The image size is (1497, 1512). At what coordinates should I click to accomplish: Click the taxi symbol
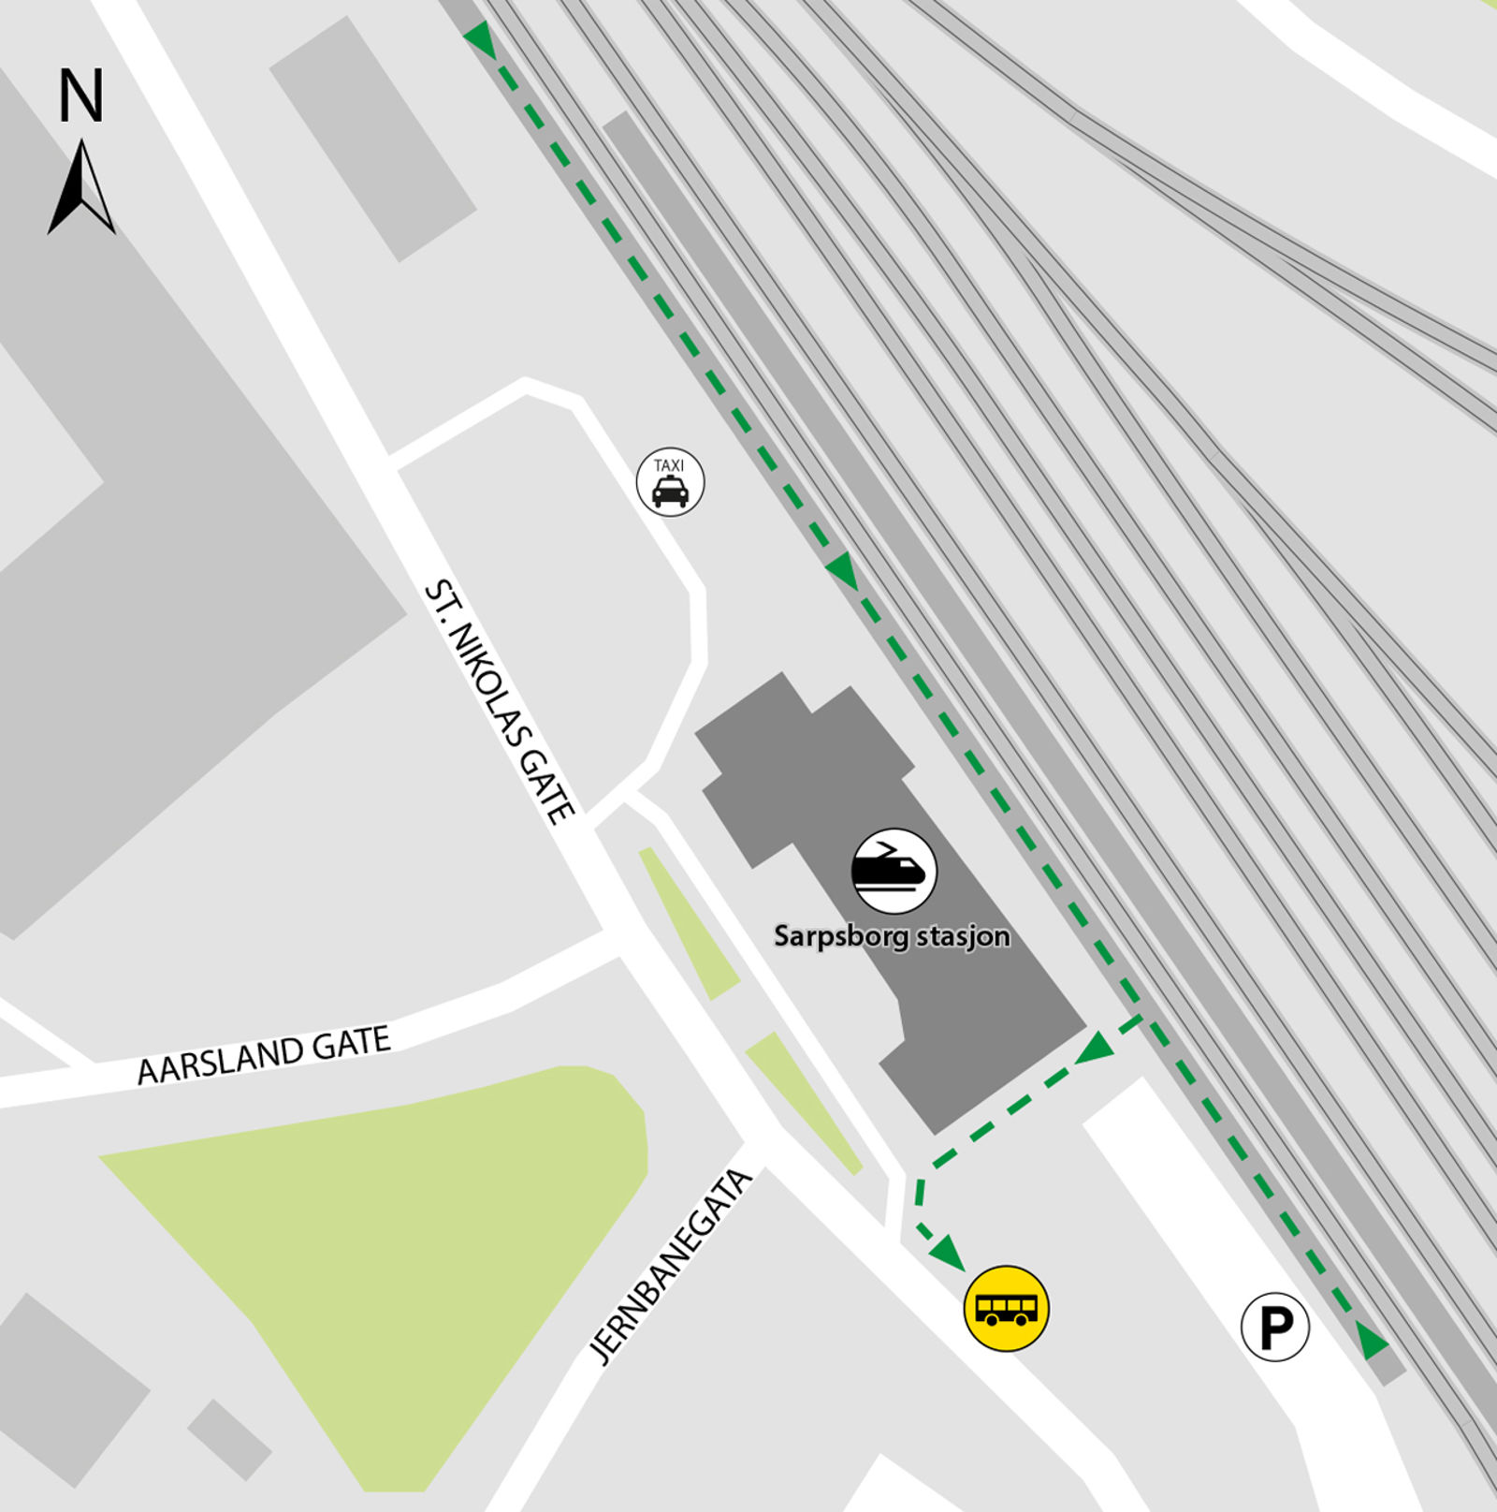[x=670, y=483]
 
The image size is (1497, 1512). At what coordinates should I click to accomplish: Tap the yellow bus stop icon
[x=1006, y=1308]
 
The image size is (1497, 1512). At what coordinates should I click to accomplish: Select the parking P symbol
[x=1274, y=1327]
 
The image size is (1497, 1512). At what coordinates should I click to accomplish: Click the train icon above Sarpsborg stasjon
[x=894, y=871]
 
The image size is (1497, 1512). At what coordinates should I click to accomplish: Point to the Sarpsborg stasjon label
[x=892, y=936]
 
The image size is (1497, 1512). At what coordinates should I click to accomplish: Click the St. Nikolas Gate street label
[x=499, y=702]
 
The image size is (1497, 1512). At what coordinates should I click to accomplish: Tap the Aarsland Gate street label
[x=264, y=1055]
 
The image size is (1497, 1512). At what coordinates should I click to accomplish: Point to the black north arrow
[x=81, y=187]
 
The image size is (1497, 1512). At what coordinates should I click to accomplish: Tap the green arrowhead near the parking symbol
[x=1372, y=1341]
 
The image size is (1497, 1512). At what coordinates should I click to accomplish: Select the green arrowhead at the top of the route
[x=480, y=39]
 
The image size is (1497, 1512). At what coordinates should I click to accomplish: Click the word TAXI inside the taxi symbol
[x=669, y=465]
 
